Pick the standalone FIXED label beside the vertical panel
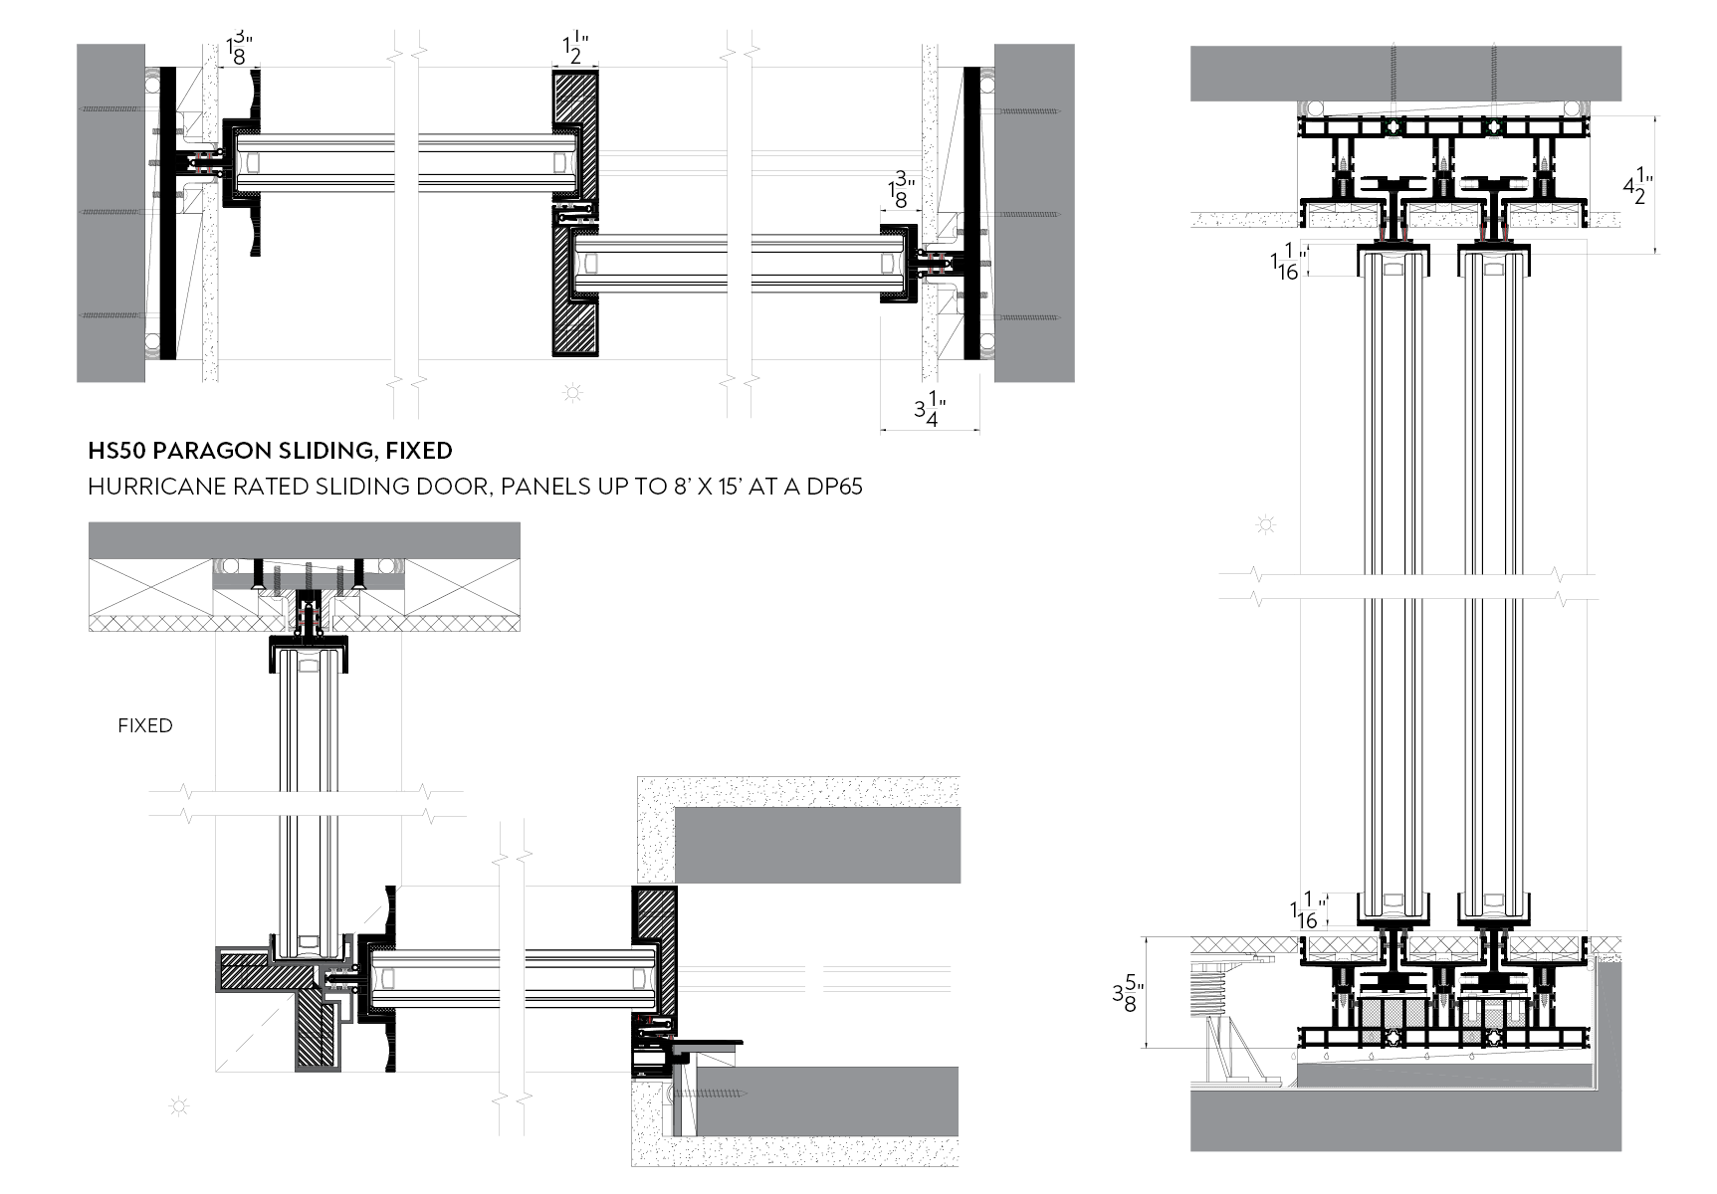pos(145,725)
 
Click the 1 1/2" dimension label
pos(575,49)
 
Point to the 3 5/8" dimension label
pos(1128,992)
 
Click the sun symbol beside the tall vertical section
pos(1265,524)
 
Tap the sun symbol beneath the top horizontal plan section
pos(573,393)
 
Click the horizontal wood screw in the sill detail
pos(710,1094)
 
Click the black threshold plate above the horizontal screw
pos(707,1044)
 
